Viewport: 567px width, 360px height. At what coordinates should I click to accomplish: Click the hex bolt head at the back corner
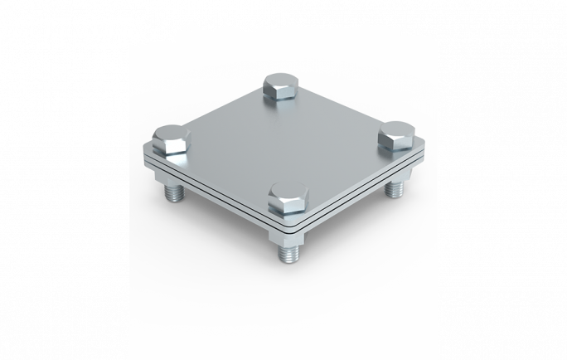[x=282, y=88]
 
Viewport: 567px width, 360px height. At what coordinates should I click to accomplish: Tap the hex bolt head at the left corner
[x=171, y=141]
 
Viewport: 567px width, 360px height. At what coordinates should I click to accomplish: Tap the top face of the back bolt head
[x=282, y=80]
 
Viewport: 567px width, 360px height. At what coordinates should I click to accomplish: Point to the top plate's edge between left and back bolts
[x=220, y=109]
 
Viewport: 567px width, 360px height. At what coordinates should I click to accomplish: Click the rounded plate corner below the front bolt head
[x=286, y=226]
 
